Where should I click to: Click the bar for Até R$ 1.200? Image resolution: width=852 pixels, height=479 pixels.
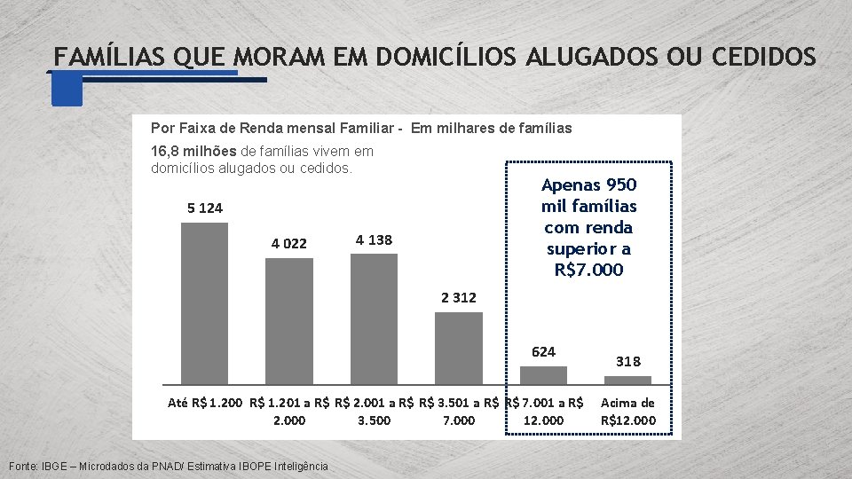click(x=204, y=303)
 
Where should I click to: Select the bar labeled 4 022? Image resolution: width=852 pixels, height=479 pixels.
click(x=289, y=321)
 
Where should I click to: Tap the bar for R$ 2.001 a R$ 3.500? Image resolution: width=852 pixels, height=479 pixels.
click(x=374, y=319)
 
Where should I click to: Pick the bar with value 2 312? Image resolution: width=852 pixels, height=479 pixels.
click(x=459, y=348)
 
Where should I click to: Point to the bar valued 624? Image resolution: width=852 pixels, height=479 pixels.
click(x=543, y=375)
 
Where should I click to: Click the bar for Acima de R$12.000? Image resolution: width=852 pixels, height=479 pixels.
click(x=627, y=381)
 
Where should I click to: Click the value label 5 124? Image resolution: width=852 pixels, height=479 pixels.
click(x=205, y=208)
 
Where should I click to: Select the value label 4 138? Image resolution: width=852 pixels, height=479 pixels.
click(x=374, y=240)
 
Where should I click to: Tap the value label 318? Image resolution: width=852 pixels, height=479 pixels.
click(x=628, y=362)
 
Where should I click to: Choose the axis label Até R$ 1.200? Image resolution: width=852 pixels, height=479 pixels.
click(x=205, y=403)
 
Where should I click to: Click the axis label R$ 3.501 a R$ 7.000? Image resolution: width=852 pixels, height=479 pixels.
click(x=459, y=412)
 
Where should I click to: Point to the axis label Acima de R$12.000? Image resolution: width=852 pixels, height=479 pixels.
click(x=628, y=412)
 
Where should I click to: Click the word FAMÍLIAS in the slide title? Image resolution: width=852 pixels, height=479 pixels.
click(x=108, y=57)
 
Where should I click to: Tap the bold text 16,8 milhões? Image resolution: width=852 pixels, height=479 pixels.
click(x=193, y=151)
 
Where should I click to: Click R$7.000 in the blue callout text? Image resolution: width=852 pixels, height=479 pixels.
click(x=588, y=270)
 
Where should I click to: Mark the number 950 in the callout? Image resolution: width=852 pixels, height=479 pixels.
click(x=621, y=185)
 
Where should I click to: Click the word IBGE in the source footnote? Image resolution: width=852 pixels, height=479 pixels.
click(x=54, y=466)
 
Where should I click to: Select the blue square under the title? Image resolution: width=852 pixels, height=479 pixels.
click(x=67, y=90)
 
